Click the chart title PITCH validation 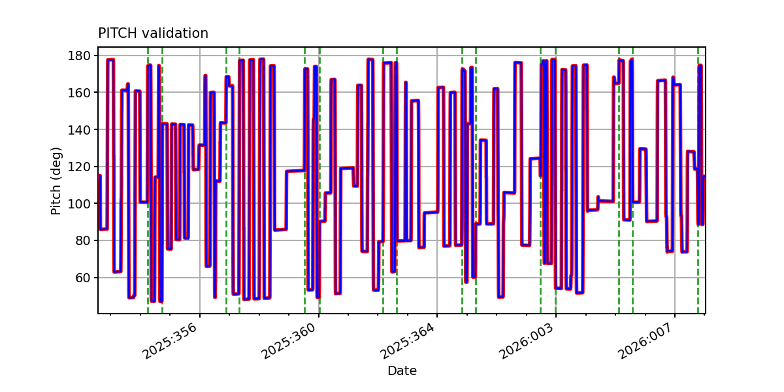point(153,33)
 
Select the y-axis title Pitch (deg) point(57,180)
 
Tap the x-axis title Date point(402,371)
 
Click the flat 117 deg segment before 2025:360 point(295,171)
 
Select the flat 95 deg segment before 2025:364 point(431,212)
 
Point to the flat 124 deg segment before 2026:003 point(534,158)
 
